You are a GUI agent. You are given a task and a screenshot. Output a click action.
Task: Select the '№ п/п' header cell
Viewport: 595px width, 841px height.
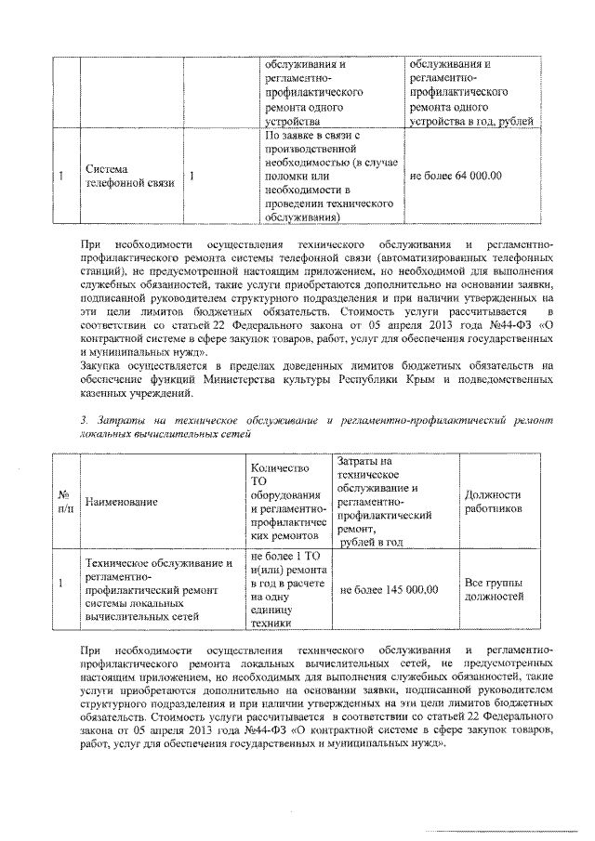coord(64,502)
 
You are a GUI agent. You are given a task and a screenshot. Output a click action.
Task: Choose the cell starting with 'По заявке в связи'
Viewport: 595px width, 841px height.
coord(330,177)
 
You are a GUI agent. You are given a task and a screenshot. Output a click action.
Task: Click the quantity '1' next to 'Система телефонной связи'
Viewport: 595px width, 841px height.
coord(192,176)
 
